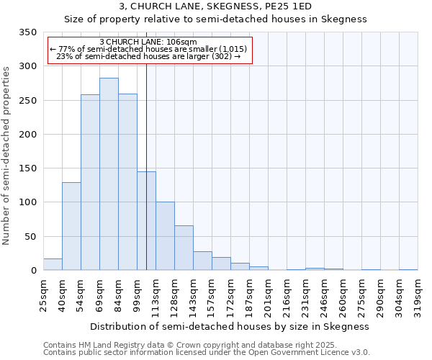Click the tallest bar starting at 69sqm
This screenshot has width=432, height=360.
[109, 174]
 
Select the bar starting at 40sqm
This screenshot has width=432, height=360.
[71, 226]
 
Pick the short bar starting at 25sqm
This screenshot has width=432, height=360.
[53, 264]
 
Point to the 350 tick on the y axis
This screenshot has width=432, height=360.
[27, 32]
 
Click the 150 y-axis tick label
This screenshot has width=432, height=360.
[27, 168]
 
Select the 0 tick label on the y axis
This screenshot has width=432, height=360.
[32, 271]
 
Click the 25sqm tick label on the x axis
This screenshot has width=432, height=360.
[44, 295]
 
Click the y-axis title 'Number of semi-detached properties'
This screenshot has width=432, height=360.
[7, 156]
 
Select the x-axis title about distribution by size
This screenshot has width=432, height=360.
[230, 326]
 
